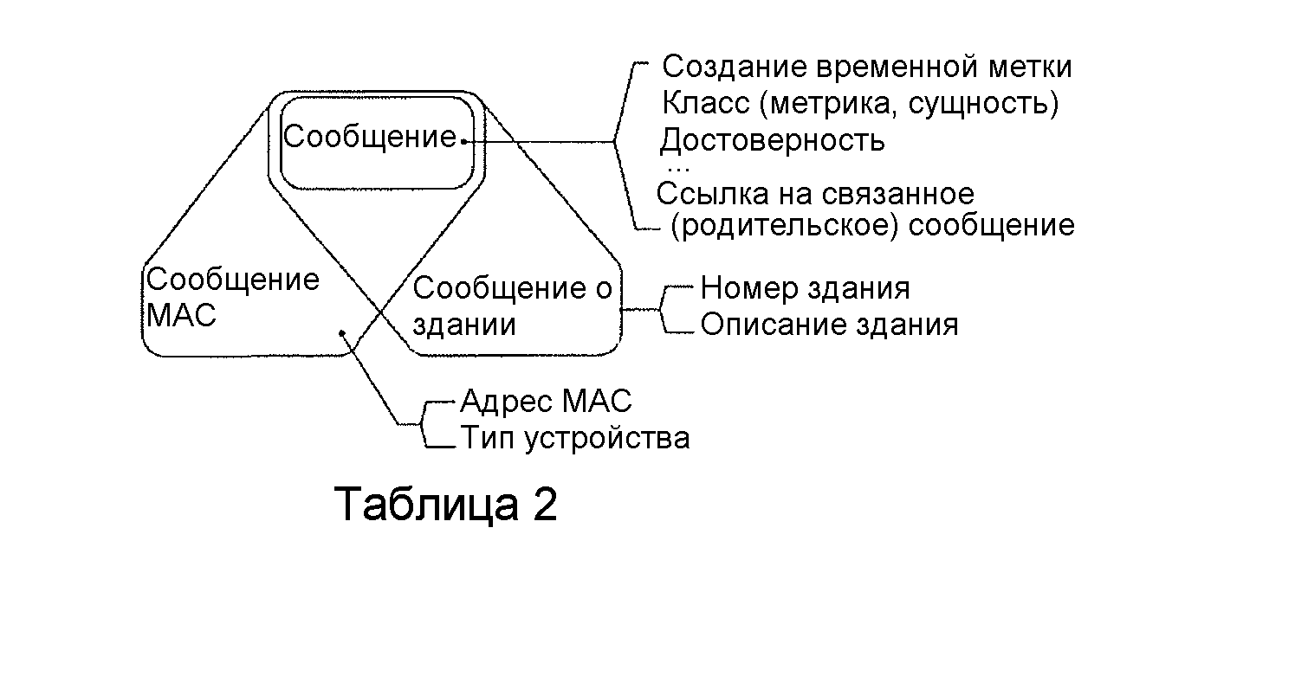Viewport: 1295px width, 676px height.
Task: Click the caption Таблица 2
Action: point(445,504)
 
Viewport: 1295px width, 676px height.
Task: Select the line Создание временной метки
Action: point(867,67)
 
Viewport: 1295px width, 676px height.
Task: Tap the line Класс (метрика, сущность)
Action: point(860,103)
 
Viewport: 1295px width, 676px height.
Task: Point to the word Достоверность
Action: point(773,139)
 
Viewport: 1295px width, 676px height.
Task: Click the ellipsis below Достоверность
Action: point(678,166)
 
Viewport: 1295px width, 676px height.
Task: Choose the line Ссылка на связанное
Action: point(815,192)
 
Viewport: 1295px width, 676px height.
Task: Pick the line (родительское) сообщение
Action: point(872,226)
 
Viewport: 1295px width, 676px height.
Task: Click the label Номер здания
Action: point(805,287)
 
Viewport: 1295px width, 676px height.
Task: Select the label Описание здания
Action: point(829,325)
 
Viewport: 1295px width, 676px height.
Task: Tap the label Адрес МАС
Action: point(546,401)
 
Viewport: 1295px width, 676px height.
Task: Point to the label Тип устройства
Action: point(574,438)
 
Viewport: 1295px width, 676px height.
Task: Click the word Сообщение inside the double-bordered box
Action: point(370,137)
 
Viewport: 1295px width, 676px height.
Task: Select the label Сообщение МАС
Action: point(231,297)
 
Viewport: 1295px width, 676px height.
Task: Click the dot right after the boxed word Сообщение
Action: point(464,141)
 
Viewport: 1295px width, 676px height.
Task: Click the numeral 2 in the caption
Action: point(544,504)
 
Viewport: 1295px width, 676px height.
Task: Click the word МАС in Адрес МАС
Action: point(597,401)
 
